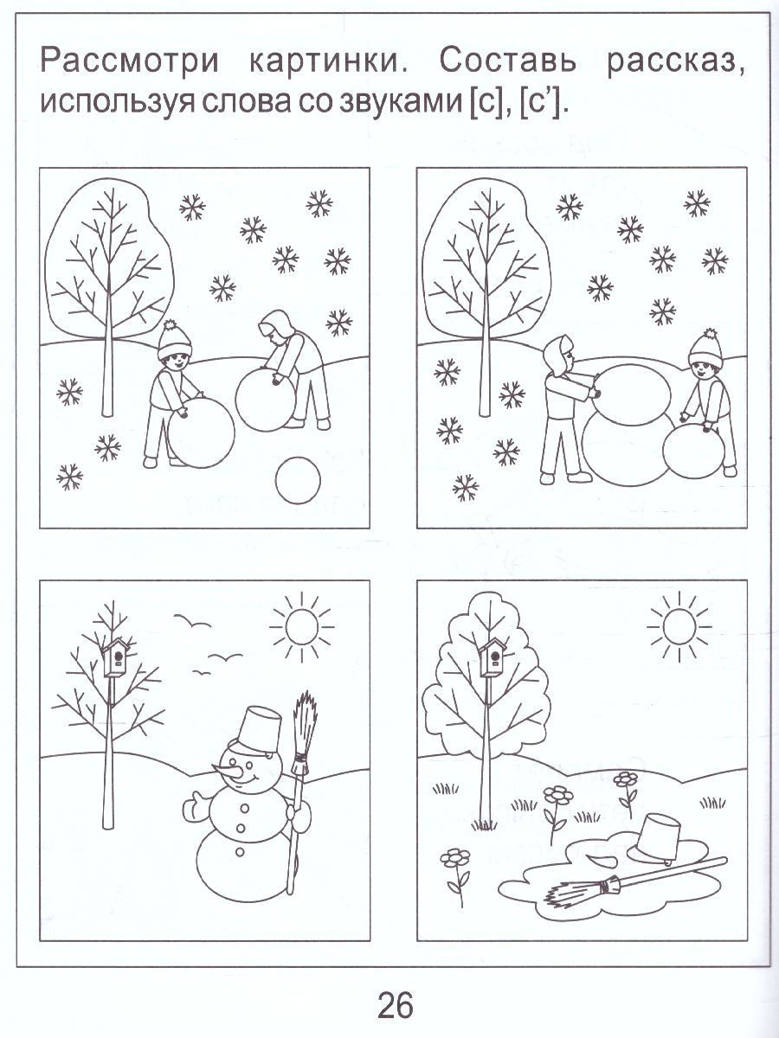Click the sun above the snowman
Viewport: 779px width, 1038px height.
301,627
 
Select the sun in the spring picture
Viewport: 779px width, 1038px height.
679,626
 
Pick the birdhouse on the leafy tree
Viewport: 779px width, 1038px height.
493,657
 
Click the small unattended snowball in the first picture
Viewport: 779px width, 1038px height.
298,480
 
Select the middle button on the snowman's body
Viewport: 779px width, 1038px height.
241,828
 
